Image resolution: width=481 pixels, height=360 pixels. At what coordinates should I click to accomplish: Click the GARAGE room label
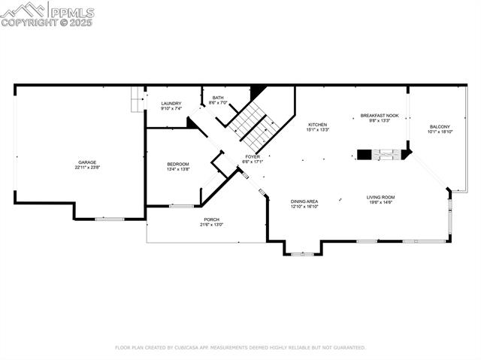pyautogui.click(x=86, y=162)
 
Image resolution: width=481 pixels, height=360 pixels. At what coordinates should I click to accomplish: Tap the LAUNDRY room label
pyautogui.click(x=171, y=104)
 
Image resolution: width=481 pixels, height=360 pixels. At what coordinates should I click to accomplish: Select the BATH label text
pyautogui.click(x=218, y=97)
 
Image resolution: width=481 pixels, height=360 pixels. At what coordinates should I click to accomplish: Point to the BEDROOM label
pyautogui.click(x=178, y=164)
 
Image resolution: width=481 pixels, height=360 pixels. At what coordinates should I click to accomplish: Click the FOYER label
pyautogui.click(x=253, y=156)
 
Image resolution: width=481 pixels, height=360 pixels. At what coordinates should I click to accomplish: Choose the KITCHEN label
pyautogui.click(x=317, y=124)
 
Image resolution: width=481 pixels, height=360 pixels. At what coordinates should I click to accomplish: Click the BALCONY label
pyautogui.click(x=440, y=126)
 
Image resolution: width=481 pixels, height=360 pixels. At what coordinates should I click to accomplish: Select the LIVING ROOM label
pyautogui.click(x=381, y=197)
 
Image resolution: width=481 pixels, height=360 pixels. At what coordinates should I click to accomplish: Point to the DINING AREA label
pyautogui.click(x=304, y=201)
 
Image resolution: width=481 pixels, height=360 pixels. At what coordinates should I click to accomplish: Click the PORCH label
pyautogui.click(x=210, y=219)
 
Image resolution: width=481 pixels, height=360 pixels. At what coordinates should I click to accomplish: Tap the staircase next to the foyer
pyautogui.click(x=253, y=126)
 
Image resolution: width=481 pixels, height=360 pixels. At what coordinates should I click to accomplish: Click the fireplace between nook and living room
pyautogui.click(x=384, y=155)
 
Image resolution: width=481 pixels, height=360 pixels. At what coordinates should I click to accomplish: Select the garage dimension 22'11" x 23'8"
pyautogui.click(x=86, y=168)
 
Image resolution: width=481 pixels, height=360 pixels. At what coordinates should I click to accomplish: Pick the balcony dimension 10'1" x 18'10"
pyautogui.click(x=440, y=132)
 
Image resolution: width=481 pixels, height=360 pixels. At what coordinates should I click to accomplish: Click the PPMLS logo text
pyautogui.click(x=71, y=12)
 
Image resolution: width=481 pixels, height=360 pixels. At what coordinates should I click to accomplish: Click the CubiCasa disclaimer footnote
pyautogui.click(x=240, y=348)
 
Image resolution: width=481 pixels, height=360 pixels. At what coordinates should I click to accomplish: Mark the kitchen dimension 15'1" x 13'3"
pyautogui.click(x=317, y=129)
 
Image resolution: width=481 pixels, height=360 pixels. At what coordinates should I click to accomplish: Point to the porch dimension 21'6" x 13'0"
pyautogui.click(x=210, y=225)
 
